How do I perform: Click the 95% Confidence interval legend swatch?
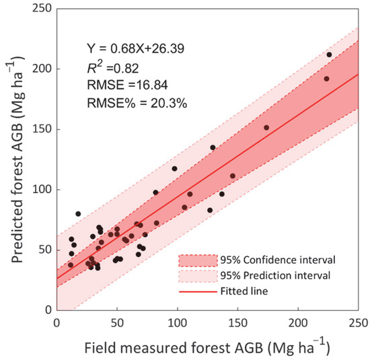tap(198, 259)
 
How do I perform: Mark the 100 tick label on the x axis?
tap(178, 322)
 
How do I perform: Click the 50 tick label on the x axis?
tap(117, 322)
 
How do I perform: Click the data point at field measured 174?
tap(266, 127)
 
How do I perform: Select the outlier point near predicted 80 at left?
tap(78, 213)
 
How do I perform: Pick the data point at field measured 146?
tap(233, 176)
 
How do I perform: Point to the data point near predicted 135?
tap(213, 147)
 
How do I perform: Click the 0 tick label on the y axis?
tap(48, 310)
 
